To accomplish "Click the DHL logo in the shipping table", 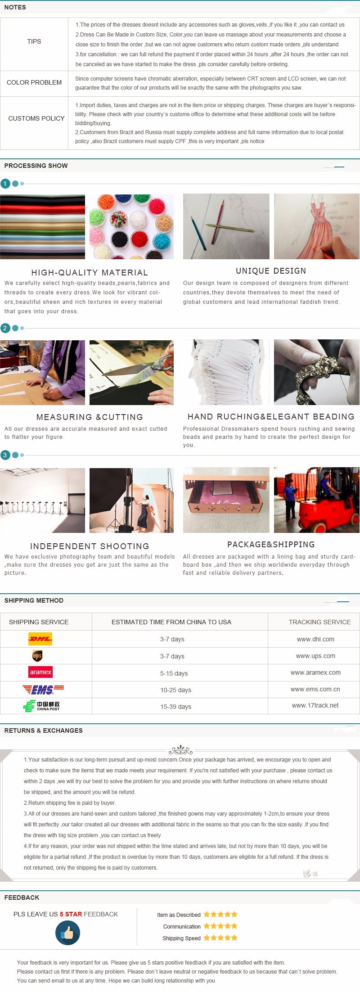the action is coord(40,639).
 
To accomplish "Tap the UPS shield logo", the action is coord(37,656).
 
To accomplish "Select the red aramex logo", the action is coord(40,672).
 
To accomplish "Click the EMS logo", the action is coord(43,689).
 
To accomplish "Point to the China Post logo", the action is coord(41,706).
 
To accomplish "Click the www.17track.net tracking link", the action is coord(315,705).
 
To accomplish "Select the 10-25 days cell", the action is coord(175,690).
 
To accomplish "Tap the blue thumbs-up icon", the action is coord(67,933).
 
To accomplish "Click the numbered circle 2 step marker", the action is coord(5,328).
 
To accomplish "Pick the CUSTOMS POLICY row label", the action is coord(36,118).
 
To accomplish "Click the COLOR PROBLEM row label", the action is coord(34,82).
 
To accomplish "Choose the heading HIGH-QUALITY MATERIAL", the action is coord(90,272).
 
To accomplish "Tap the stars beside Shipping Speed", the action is coord(220,938).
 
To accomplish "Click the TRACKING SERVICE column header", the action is coord(319,622).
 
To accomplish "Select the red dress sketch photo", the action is coord(317,226).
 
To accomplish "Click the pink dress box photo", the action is coord(226,500).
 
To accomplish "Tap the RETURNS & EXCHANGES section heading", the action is coord(44,730).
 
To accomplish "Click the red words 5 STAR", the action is coord(71,914).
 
